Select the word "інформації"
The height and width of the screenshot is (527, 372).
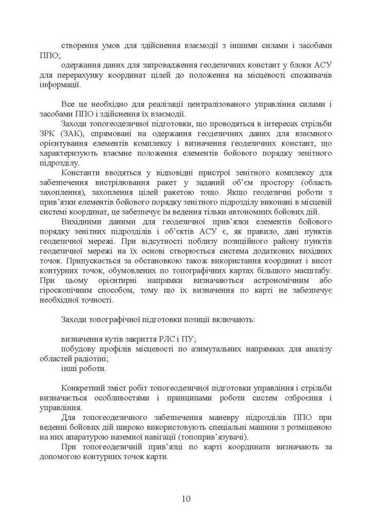tap(59, 83)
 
